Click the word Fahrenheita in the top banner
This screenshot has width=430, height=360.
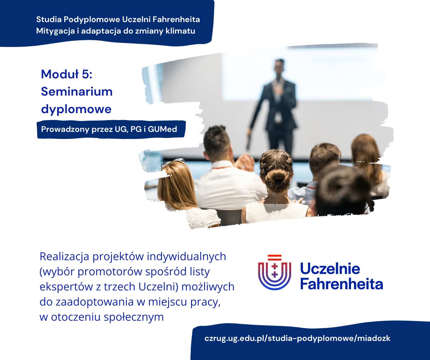(x=176, y=20)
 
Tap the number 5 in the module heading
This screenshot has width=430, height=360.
(x=86, y=74)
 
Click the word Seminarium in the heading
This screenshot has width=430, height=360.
(x=77, y=92)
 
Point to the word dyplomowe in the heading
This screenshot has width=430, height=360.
(x=76, y=109)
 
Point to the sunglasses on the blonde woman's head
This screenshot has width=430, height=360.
(x=173, y=162)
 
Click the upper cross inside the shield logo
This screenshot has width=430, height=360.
(x=275, y=267)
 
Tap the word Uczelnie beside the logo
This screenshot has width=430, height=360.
(x=330, y=269)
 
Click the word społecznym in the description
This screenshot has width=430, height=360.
(x=134, y=317)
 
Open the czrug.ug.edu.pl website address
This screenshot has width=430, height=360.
(x=297, y=339)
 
